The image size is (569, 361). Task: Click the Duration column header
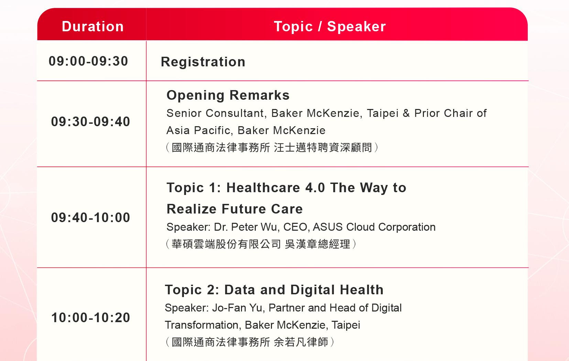pos(93,26)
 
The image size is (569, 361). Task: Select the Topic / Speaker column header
pos(330,26)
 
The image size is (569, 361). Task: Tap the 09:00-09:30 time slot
pos(88,61)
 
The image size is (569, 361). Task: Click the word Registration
pos(203,62)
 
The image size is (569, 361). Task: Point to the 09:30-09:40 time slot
pos(90,121)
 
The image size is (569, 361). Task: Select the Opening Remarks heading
pos(228,95)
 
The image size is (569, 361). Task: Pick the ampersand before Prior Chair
pos(406,113)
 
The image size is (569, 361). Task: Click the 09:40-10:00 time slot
pos(90,218)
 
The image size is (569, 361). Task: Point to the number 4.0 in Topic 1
pos(315,188)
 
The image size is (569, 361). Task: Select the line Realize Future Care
pos(234,209)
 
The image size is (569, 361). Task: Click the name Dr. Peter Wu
pos(247,227)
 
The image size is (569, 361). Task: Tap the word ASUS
pos(327,227)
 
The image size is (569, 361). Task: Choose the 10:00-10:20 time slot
pos(90,318)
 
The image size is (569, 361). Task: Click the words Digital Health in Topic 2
pos(337,290)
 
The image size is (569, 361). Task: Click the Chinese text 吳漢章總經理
pos(318,244)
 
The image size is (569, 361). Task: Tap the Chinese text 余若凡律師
pos(301,342)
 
